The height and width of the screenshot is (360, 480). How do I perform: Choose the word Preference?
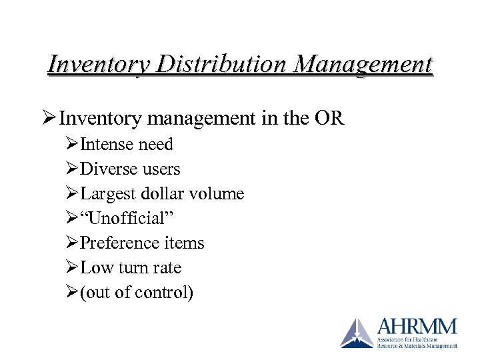point(119,243)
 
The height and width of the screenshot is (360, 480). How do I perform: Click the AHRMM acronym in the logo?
point(417,327)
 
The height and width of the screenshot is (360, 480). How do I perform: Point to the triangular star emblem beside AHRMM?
point(357,333)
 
